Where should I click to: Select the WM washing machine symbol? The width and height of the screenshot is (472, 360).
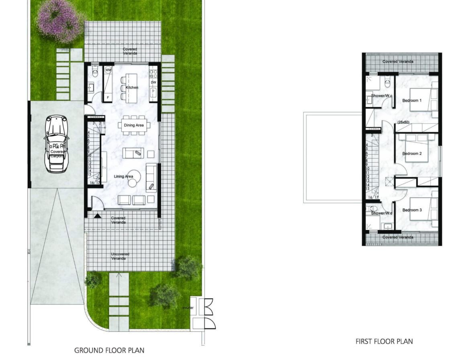[x=108, y=70]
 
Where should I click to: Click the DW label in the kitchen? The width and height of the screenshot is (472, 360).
[x=153, y=82]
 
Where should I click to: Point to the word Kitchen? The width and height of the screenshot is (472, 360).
[x=132, y=87]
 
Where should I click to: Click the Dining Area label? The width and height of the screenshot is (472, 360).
[x=134, y=125]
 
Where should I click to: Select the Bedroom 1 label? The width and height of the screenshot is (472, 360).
[x=412, y=100]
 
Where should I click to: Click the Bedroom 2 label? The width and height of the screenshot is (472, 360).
[x=412, y=153]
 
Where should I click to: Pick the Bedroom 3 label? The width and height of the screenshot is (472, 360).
[x=412, y=210]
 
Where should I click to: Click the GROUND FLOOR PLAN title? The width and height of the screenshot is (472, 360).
[x=109, y=350]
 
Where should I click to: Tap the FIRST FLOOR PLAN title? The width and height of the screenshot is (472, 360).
[x=384, y=342]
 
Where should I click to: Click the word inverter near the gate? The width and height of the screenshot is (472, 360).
[x=188, y=308]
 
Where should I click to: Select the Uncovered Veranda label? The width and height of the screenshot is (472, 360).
[x=120, y=256]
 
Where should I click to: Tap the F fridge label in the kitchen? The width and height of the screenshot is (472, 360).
[x=108, y=97]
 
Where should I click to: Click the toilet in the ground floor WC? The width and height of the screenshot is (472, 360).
[x=95, y=73]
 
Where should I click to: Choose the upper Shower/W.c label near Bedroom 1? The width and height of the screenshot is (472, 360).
[x=382, y=96]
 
